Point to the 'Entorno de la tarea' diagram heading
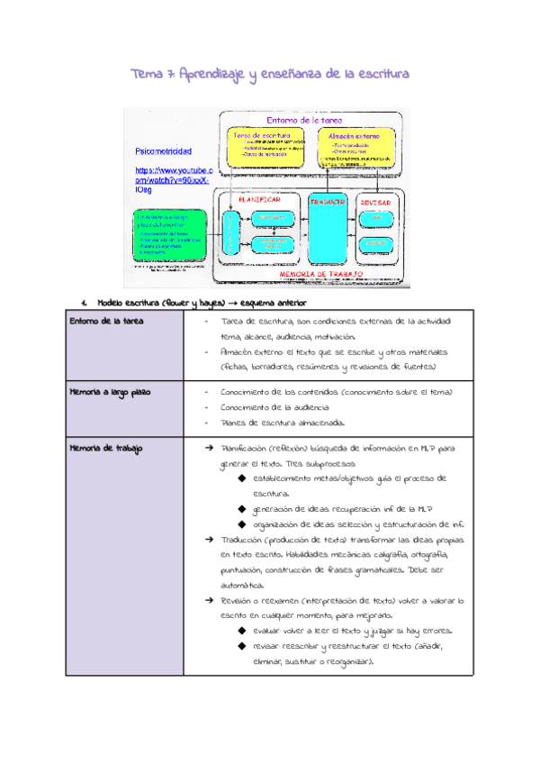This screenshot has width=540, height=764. click(x=308, y=120)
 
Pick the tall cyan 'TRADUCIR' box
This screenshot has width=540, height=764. click(x=327, y=230)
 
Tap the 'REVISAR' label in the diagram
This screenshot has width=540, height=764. click(x=377, y=202)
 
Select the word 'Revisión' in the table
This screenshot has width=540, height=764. click(x=241, y=599)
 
